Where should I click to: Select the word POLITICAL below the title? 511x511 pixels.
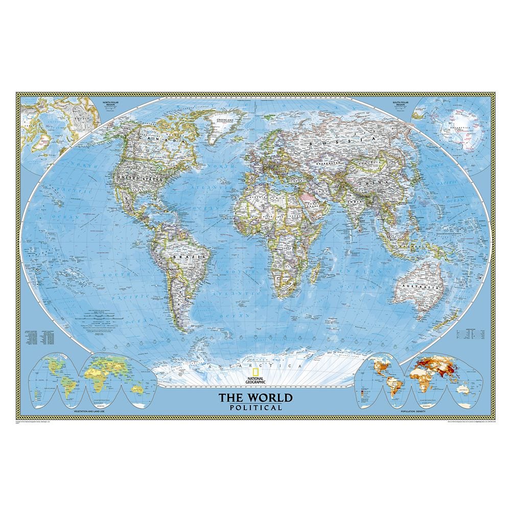[256, 407]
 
